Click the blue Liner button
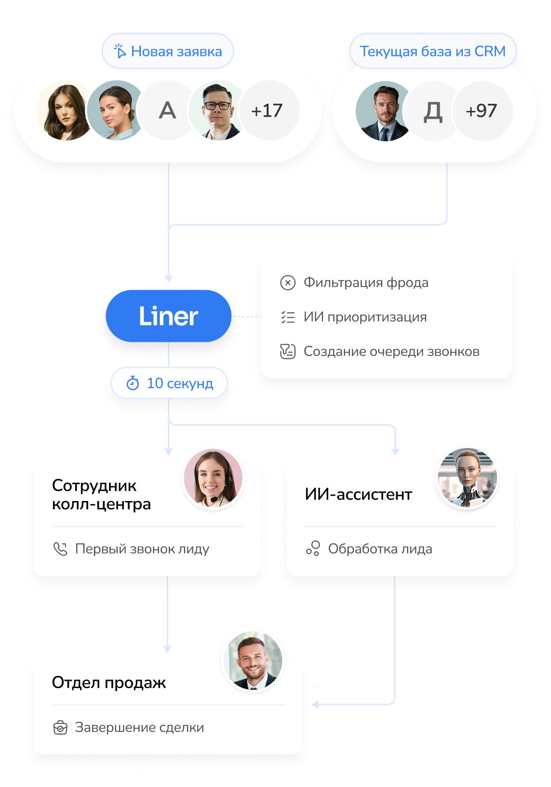coord(168,316)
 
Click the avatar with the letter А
coord(167,111)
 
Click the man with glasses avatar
coord(217,111)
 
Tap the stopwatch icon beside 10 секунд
coord(133,383)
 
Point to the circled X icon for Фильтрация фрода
coord(288,283)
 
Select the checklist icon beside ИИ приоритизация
coord(288,317)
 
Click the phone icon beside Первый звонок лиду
coord(60,549)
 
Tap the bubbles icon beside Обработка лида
coord(313,549)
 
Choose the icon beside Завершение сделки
coord(60,727)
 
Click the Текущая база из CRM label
coord(432,51)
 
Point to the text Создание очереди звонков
coord(391,352)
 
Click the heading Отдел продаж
coord(109,682)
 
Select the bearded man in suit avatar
coord(384,111)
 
